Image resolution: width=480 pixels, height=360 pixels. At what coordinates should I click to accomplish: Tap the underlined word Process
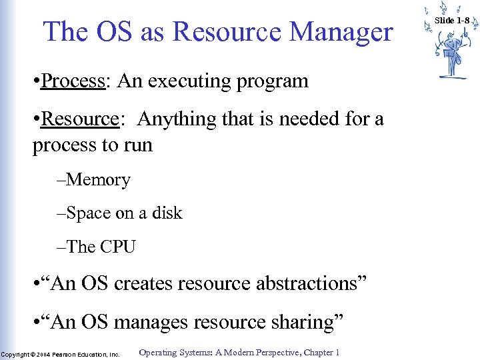(73, 82)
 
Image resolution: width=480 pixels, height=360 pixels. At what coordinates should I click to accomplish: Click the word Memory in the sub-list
(99, 180)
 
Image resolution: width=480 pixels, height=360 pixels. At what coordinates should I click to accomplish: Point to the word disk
(167, 213)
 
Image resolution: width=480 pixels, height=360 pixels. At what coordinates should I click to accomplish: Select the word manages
(152, 323)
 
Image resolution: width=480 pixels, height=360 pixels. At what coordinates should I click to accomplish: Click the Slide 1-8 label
(453, 21)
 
